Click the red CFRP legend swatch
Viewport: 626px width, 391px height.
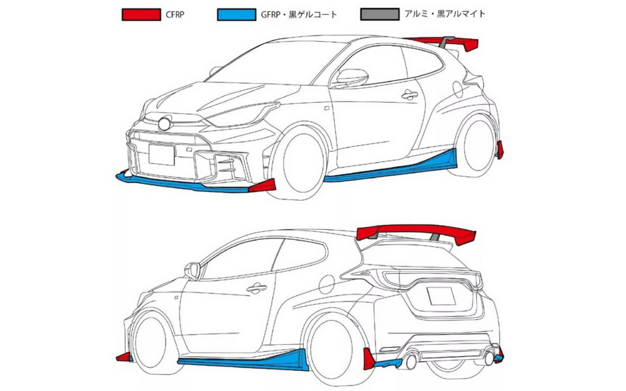(141, 15)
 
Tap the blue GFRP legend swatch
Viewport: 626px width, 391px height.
(237, 15)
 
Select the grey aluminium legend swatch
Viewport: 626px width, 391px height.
(380, 15)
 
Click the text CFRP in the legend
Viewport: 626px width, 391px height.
(175, 15)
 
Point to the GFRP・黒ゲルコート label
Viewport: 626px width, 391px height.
(299, 15)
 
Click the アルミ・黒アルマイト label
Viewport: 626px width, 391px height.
(445, 14)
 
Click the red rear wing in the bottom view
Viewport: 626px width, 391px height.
(415, 233)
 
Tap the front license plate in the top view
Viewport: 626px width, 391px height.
(161, 154)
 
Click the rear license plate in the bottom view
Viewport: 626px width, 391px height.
(441, 296)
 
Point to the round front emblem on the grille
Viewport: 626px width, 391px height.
(164, 124)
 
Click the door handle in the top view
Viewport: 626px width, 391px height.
(410, 95)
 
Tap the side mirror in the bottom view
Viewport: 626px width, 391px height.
(193, 271)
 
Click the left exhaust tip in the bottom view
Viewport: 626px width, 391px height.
(410, 361)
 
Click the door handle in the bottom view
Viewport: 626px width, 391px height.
(257, 288)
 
